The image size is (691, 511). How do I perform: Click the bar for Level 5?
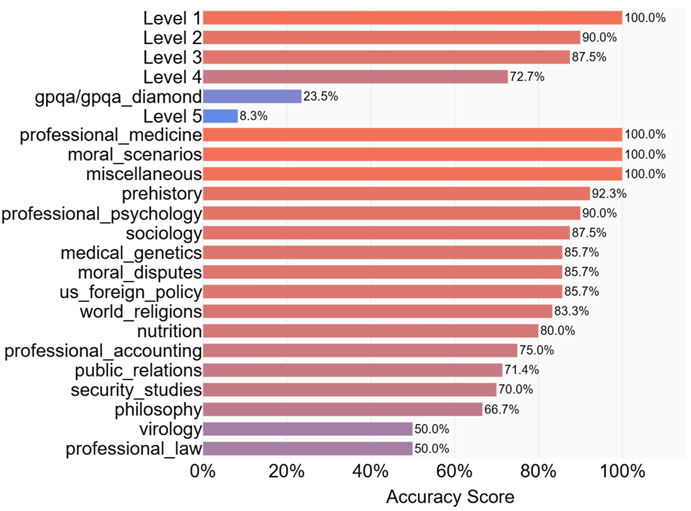tap(220, 116)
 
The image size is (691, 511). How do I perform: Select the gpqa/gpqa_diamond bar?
tap(252, 96)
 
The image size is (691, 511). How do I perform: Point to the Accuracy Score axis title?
tap(450, 497)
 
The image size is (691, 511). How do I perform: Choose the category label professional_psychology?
tap(102, 214)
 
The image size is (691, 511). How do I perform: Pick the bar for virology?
tap(307, 429)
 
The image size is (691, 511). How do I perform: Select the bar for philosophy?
tap(343, 409)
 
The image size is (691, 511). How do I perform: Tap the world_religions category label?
tap(140, 312)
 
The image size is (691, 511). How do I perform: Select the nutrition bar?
tap(370, 331)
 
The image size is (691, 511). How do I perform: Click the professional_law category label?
tap(134, 449)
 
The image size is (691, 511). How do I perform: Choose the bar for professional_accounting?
tap(360, 350)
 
